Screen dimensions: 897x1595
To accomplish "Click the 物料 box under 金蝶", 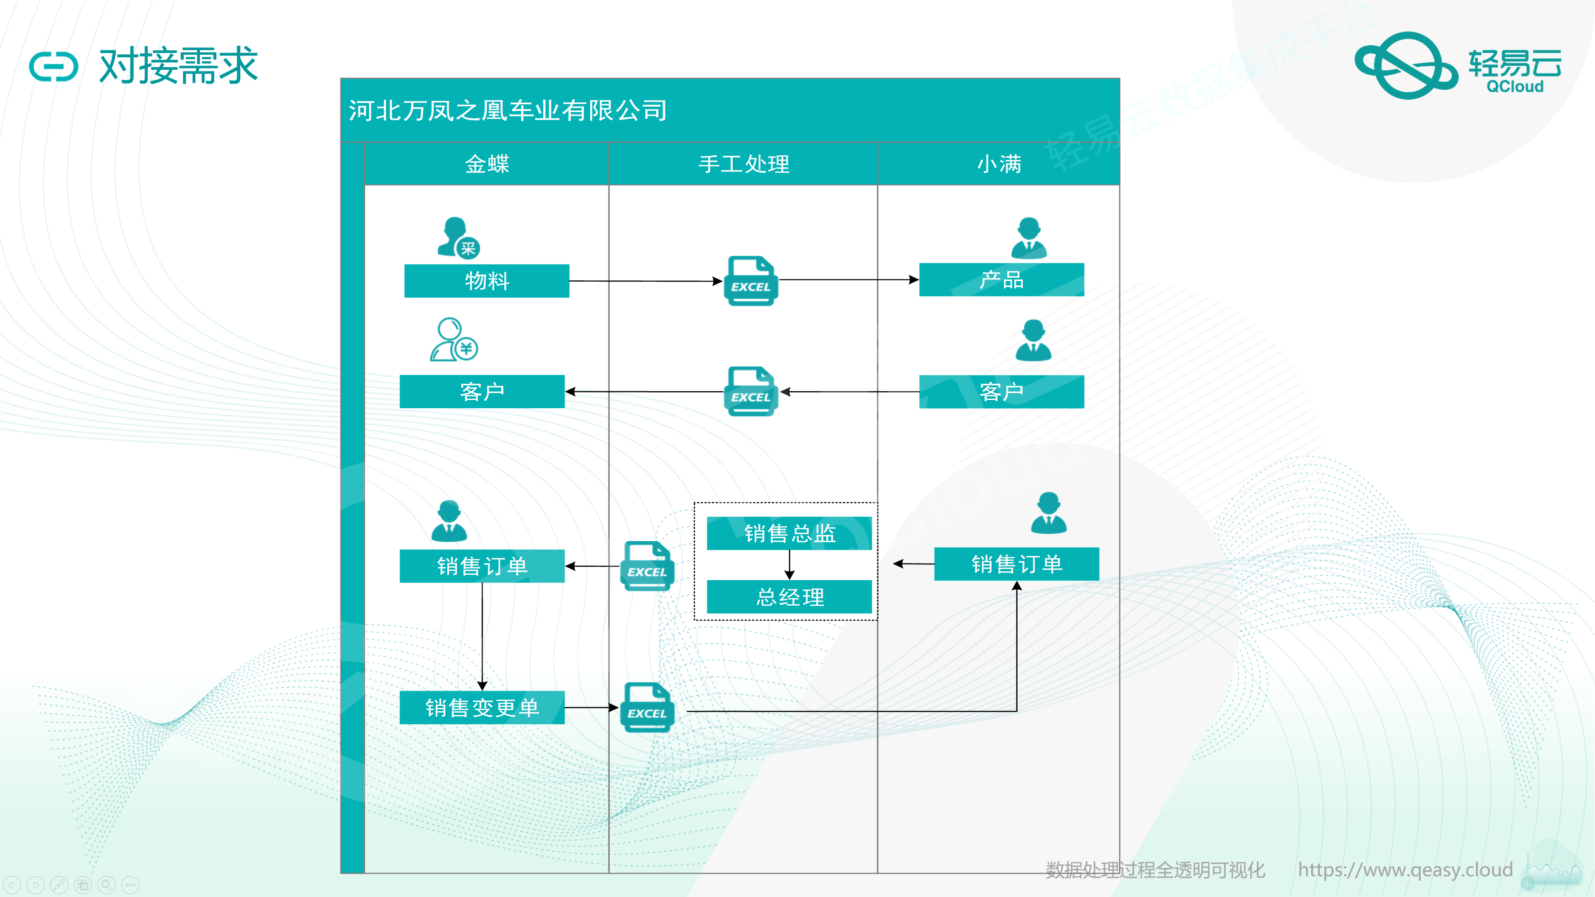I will pyautogui.click(x=487, y=281).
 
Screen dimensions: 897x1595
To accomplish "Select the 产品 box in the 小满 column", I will pyautogui.click(x=1001, y=280).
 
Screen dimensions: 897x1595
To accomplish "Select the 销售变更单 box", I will pyautogui.click(x=482, y=708).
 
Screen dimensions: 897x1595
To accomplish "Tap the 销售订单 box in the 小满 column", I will pyautogui.click(x=1016, y=564).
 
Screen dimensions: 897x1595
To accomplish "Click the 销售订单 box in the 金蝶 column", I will pyautogui.click(x=482, y=566).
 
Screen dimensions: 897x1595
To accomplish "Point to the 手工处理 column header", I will pyautogui.click(x=743, y=164).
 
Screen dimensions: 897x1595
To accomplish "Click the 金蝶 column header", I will pyautogui.click(x=487, y=164).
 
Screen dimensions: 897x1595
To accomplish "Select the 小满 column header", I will pyautogui.click(x=998, y=164).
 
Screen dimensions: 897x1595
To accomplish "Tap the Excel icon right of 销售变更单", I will pyautogui.click(x=647, y=708).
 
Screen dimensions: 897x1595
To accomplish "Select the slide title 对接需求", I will pyautogui.click(x=178, y=66).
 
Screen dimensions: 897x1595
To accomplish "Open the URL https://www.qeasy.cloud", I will pyautogui.click(x=1405, y=870).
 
